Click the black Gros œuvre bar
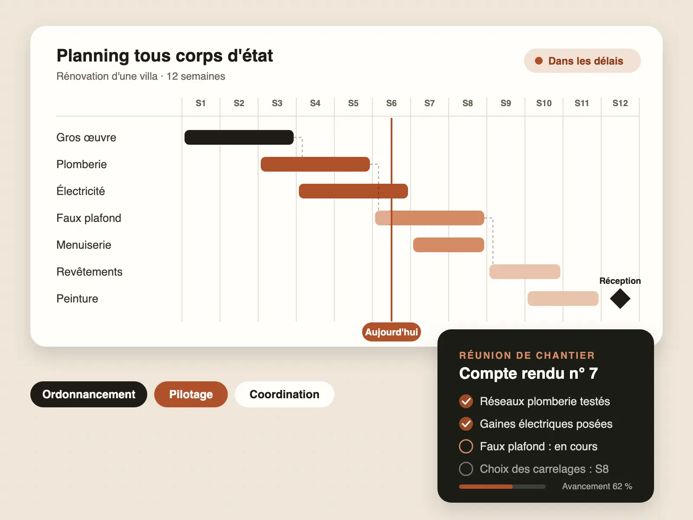point(239,137)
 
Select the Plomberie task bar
point(315,164)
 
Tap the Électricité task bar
point(353,191)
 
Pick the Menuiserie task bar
point(449,245)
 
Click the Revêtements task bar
point(525,272)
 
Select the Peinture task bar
point(563,299)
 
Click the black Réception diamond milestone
point(620,299)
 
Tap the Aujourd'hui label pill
point(392,332)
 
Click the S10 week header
point(544,103)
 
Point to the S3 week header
point(277,103)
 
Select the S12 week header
point(620,103)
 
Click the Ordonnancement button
point(89,394)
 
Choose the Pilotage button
point(191,394)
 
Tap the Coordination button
point(285,394)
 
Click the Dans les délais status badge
point(583,61)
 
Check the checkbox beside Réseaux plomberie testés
point(466,401)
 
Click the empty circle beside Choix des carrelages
point(466,469)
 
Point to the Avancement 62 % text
point(597,486)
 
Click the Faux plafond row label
point(89,218)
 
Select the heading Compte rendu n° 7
point(528,373)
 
